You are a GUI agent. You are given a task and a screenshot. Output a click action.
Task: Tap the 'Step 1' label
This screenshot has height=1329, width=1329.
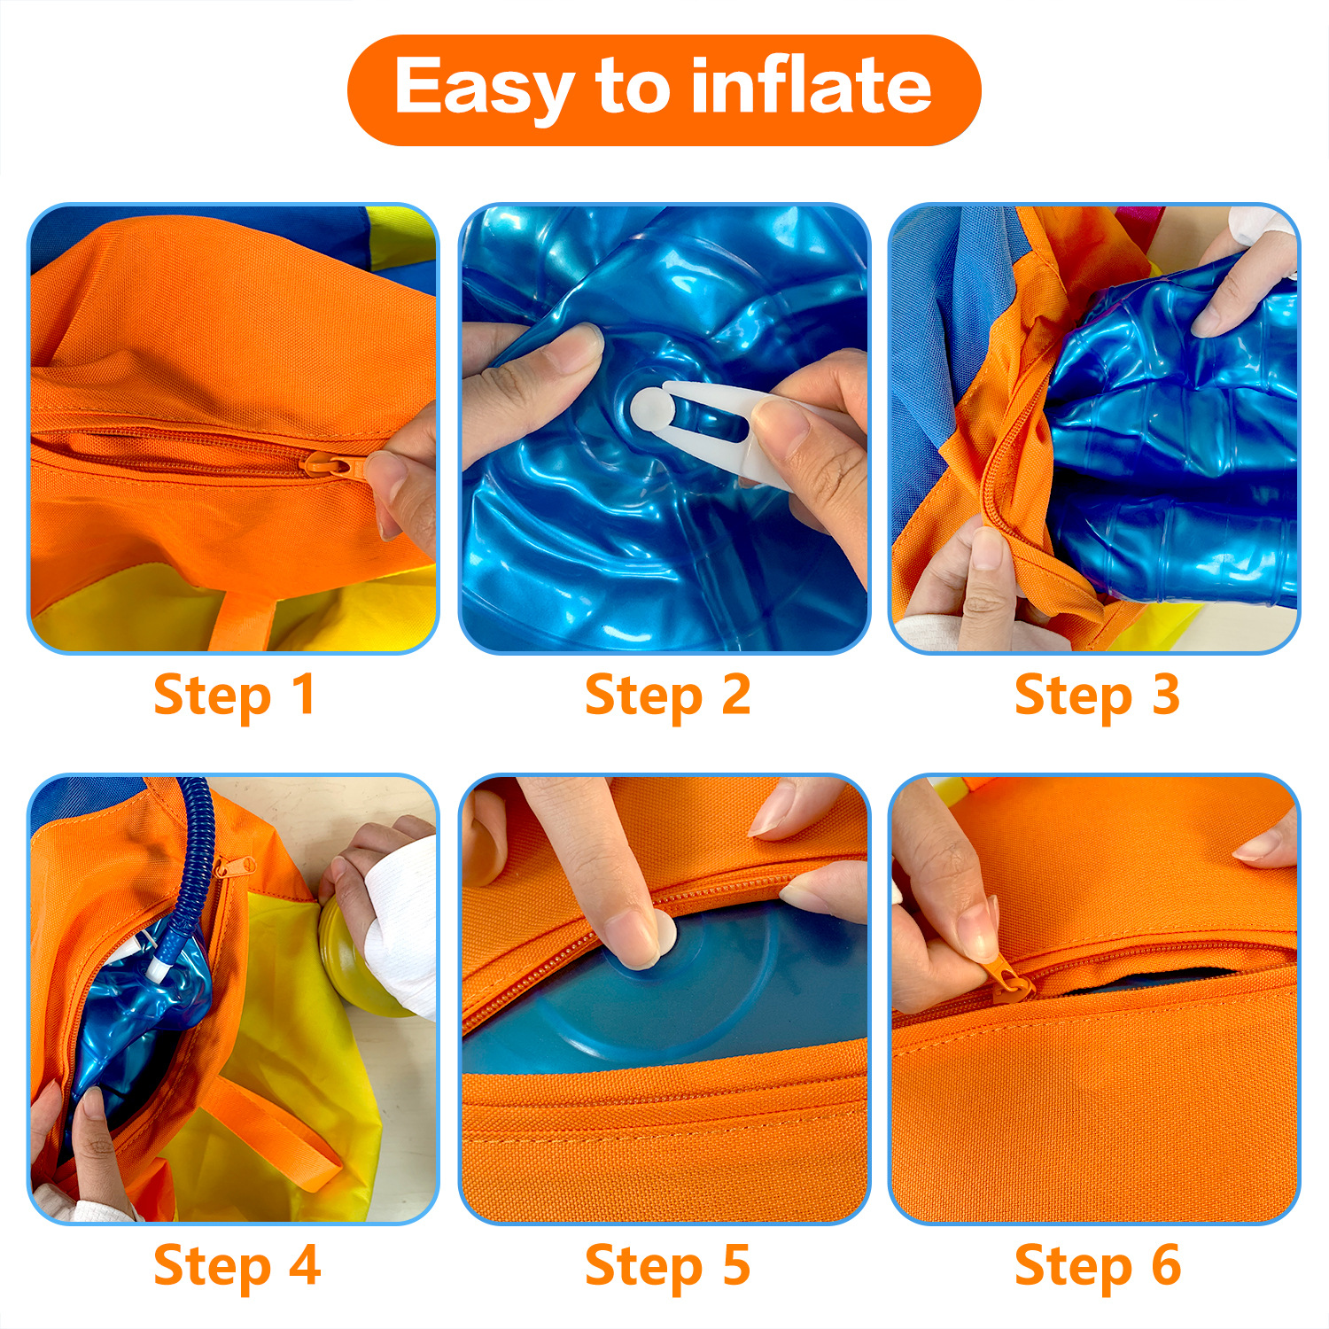point(234,696)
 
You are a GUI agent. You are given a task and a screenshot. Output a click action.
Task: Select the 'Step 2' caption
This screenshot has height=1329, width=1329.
point(668,696)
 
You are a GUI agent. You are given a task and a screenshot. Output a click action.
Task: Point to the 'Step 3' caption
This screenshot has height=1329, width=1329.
point(1098,696)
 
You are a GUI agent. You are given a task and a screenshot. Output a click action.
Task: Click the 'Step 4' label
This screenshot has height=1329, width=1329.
point(237,1266)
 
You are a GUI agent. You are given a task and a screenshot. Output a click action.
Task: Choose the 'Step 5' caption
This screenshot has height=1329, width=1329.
point(668,1266)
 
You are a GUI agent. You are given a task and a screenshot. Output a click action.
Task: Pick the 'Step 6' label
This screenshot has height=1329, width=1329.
point(1098,1266)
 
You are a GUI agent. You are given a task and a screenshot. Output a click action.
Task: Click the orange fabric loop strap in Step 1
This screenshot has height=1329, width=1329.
point(244,620)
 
